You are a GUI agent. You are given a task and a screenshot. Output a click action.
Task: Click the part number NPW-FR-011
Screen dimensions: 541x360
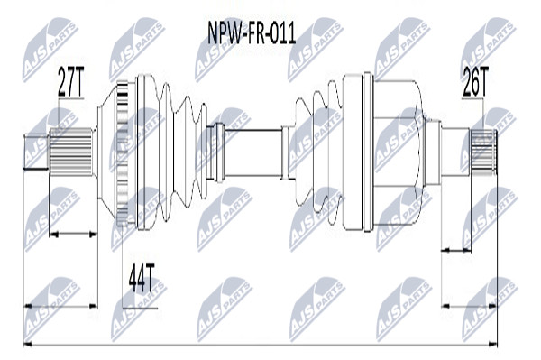[x=252, y=33]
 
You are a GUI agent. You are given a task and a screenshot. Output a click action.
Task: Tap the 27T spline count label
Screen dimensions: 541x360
[x=70, y=82]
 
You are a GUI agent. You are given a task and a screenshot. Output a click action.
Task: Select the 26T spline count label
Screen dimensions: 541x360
[x=475, y=82]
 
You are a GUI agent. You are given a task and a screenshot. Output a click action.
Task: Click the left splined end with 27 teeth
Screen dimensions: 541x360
[x=71, y=152]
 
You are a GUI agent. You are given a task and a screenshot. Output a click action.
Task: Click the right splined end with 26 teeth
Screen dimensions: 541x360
[x=483, y=152]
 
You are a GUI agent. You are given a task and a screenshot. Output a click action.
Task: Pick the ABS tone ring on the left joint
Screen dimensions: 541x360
[x=123, y=152]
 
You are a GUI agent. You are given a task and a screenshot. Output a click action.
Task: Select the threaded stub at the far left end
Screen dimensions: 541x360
[x=35, y=152]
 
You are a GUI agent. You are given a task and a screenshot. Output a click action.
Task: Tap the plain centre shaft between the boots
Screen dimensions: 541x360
[x=252, y=152]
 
